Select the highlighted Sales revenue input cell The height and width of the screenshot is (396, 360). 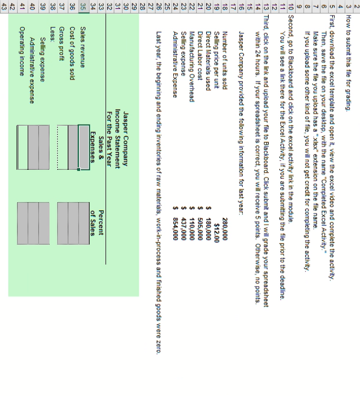(84, 147)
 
